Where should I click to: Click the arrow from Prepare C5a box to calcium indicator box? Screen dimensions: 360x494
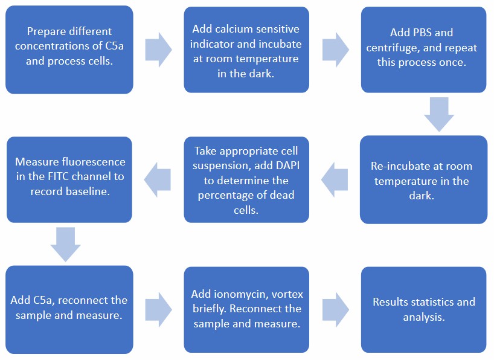pos(158,50)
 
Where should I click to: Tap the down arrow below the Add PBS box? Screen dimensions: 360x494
pos(438,114)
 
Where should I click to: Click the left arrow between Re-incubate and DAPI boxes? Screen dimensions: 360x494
pos(336,179)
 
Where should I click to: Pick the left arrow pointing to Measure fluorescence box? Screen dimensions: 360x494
pos(159,179)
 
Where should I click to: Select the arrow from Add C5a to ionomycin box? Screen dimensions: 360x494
pos(158,309)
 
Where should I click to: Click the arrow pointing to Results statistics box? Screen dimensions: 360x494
pos(336,309)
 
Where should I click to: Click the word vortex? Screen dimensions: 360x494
pos(287,294)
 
